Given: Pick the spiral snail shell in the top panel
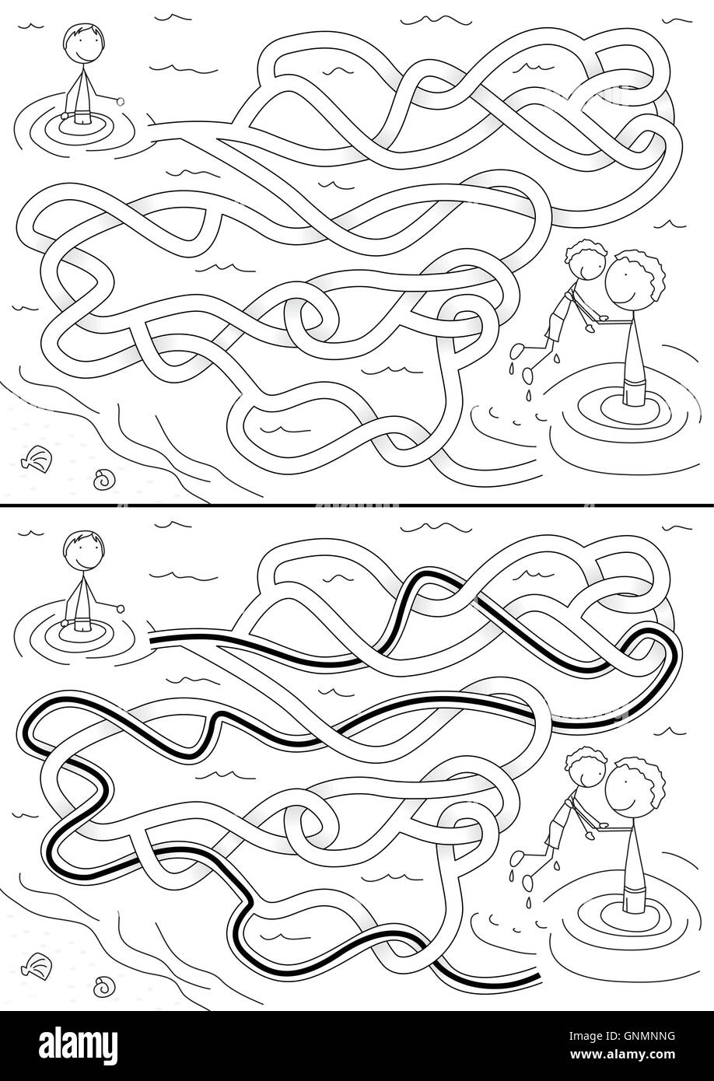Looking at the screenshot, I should (102, 478).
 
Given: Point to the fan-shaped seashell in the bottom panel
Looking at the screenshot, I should (36, 964).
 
